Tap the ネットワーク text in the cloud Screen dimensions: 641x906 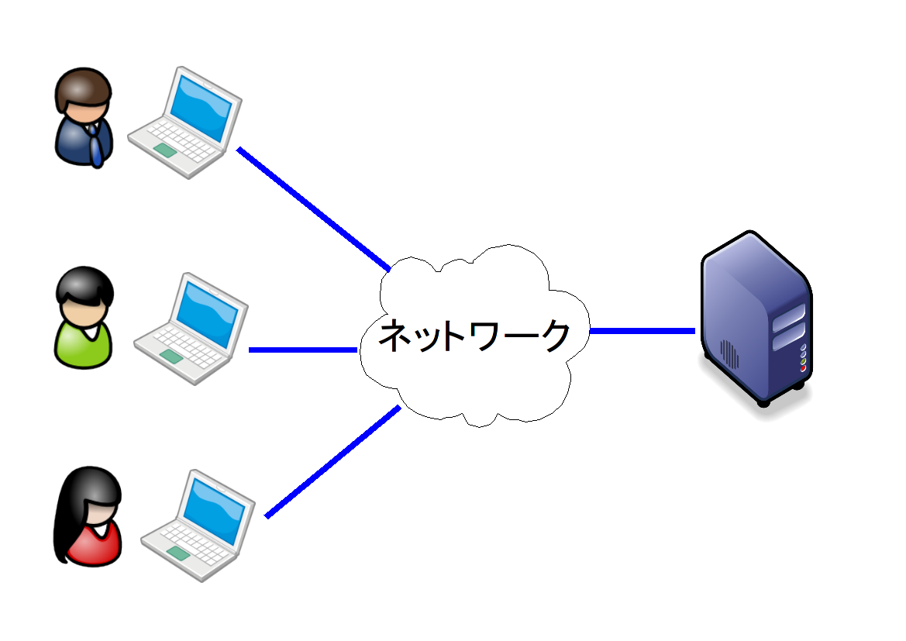pos(474,336)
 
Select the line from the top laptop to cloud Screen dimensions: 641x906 pos(313,208)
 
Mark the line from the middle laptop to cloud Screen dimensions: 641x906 pos(302,350)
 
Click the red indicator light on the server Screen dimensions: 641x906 pos(803,368)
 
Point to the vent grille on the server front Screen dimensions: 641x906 pos(729,353)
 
